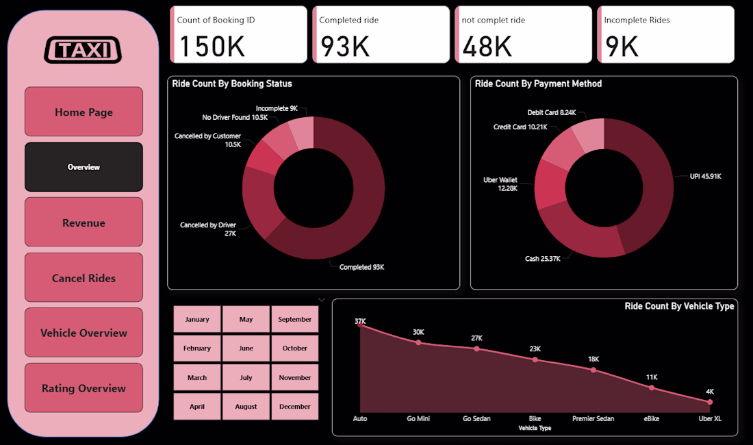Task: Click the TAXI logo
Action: click(x=83, y=50)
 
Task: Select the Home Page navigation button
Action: click(x=84, y=112)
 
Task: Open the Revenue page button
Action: click(x=84, y=222)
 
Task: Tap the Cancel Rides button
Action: click(x=84, y=278)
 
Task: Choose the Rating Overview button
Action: click(x=84, y=388)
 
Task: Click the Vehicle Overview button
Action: click(x=84, y=333)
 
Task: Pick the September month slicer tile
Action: click(x=295, y=319)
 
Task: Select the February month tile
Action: click(x=197, y=348)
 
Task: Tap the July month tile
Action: click(x=246, y=377)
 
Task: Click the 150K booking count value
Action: click(x=212, y=46)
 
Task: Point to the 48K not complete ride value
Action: click(x=487, y=46)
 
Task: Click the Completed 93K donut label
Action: click(x=361, y=267)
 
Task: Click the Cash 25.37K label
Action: click(x=543, y=259)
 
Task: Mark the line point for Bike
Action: click(x=535, y=359)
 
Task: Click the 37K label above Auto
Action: click(x=360, y=320)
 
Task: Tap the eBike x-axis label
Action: click(x=652, y=418)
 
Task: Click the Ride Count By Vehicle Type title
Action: click(x=679, y=306)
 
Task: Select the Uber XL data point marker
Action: click(x=710, y=402)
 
